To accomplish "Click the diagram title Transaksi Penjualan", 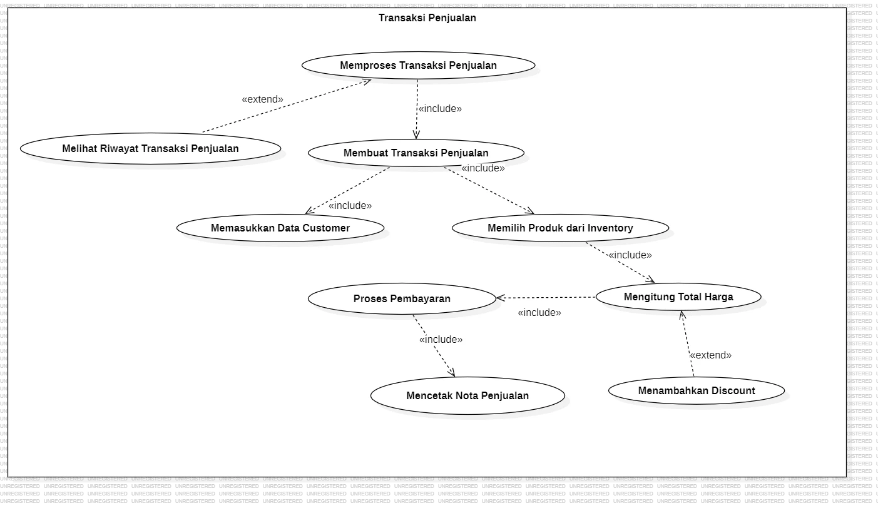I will (x=427, y=18).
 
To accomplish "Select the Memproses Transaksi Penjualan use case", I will (x=418, y=65).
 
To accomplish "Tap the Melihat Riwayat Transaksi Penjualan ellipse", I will (x=150, y=148).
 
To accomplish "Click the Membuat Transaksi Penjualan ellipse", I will (x=416, y=153).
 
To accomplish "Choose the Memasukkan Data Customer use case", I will (x=280, y=228).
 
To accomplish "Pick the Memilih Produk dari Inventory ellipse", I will (x=560, y=228).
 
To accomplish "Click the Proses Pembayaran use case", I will (x=402, y=298).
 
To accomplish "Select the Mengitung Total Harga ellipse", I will (x=678, y=297).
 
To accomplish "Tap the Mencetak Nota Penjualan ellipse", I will (x=467, y=395).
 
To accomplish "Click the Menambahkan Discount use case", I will (x=696, y=390).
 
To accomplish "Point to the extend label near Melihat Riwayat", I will (x=262, y=99).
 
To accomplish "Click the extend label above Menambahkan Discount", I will (x=710, y=355).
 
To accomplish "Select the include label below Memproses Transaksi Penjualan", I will (x=440, y=108).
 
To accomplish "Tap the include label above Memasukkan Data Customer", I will (x=350, y=205).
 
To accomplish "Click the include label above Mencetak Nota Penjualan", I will (x=441, y=339).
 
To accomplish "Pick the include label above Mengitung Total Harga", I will (x=630, y=255).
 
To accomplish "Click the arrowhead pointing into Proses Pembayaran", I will (x=500, y=298).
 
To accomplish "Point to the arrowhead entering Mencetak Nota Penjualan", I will (x=452, y=373).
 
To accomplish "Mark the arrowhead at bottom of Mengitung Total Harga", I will (x=683, y=315).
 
